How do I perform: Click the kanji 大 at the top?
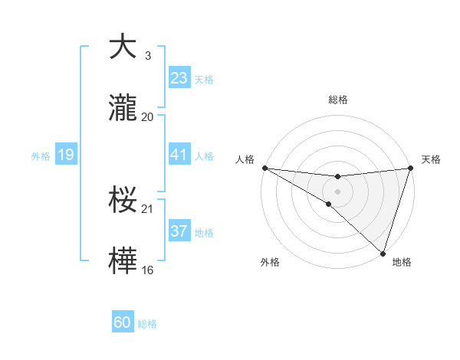pyautogui.click(x=123, y=47)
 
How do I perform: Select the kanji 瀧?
pyautogui.click(x=123, y=109)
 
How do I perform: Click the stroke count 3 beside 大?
pyautogui.click(x=147, y=55)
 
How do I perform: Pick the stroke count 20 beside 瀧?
pyautogui.click(x=148, y=116)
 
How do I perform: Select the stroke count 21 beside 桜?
pyautogui.click(x=148, y=208)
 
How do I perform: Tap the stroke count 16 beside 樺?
pyautogui.click(x=148, y=270)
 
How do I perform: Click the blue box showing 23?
pyautogui.click(x=179, y=77)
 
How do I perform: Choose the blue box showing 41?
pyautogui.click(x=179, y=155)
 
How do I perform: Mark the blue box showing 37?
pyautogui.click(x=179, y=231)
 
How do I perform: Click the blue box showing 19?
pyautogui.click(x=65, y=155)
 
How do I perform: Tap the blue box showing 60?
pyautogui.click(x=123, y=322)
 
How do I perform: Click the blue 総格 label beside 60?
pyautogui.click(x=147, y=324)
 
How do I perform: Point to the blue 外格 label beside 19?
pyautogui.click(x=41, y=156)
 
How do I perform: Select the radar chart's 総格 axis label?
pyautogui.click(x=337, y=100)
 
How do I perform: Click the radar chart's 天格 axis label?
pyautogui.click(x=431, y=159)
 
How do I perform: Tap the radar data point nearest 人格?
pyautogui.click(x=264, y=167)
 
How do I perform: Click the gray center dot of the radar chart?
pyautogui.click(x=337, y=190)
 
